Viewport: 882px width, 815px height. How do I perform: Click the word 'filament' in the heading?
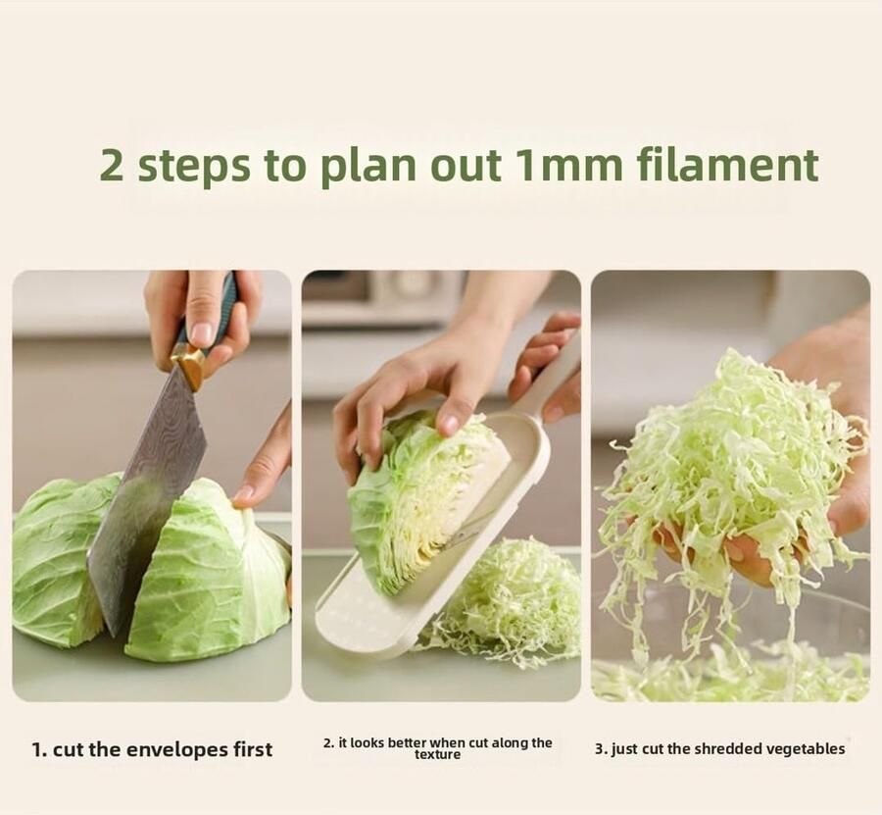pyautogui.click(x=728, y=165)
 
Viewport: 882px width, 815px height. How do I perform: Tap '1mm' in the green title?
pyautogui.click(x=568, y=166)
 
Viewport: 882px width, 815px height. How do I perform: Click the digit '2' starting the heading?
pyautogui.click(x=112, y=166)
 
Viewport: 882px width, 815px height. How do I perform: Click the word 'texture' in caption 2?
pyautogui.click(x=438, y=754)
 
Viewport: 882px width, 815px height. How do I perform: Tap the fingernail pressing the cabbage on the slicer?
pyautogui.click(x=449, y=424)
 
